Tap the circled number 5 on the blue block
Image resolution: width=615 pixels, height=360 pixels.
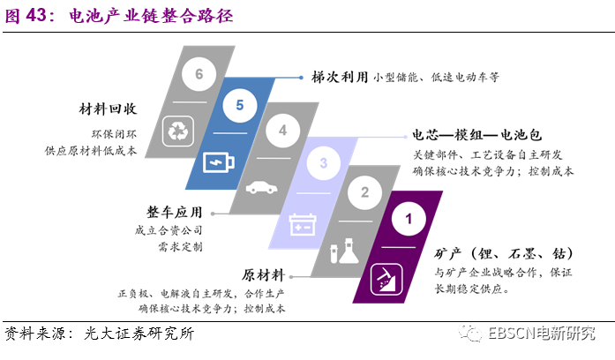(239, 105)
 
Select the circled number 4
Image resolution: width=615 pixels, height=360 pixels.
(282, 131)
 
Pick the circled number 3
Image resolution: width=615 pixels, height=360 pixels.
(324, 163)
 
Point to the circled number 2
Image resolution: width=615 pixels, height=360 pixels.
(364, 191)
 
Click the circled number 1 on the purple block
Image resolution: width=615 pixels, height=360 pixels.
(407, 217)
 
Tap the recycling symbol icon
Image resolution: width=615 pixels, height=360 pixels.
(178, 131)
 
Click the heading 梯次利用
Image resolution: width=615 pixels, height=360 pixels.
(338, 77)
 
